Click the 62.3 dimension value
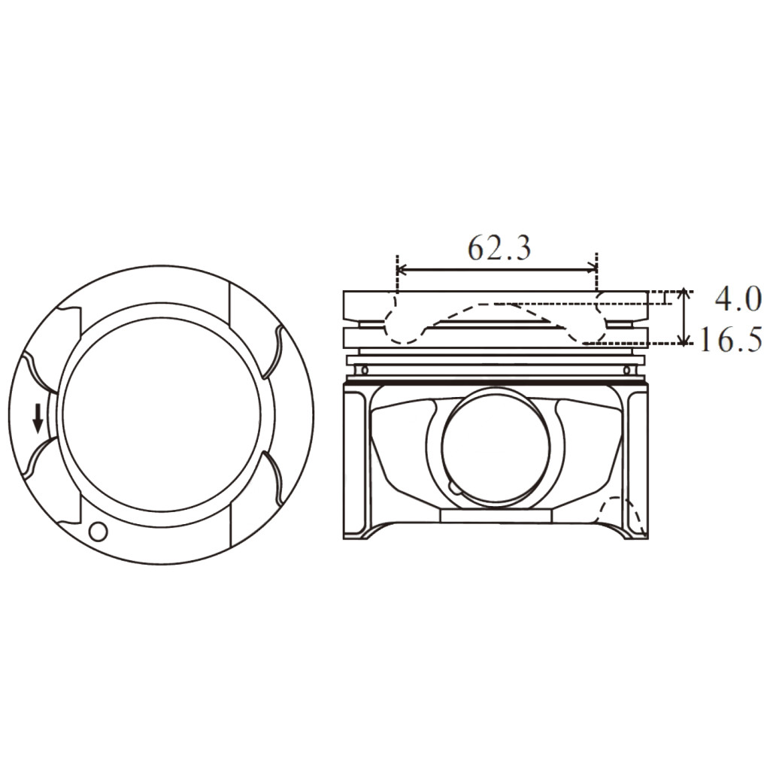coord(499,247)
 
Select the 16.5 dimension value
coord(731,340)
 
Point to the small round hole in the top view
coord(98,531)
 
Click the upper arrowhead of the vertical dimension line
coord(683,294)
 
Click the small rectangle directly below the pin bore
coord(496,516)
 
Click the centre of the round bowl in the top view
coord(162,416)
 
